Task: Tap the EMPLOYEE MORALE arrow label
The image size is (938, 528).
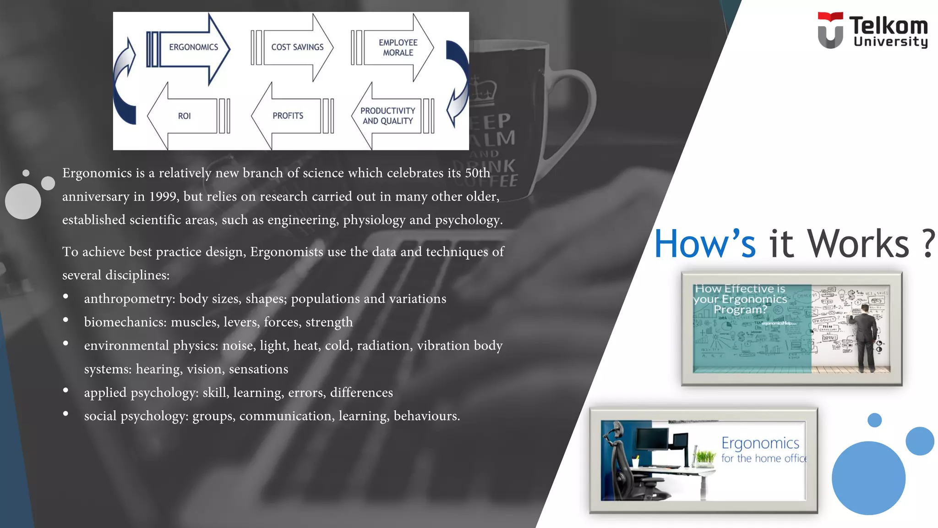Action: click(x=398, y=48)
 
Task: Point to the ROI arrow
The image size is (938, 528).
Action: click(x=184, y=116)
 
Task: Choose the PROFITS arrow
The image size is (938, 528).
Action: click(x=288, y=116)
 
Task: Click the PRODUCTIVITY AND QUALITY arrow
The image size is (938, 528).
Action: click(x=387, y=116)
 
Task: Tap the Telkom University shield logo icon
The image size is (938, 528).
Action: click(x=830, y=30)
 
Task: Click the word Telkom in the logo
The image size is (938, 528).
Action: click(x=888, y=25)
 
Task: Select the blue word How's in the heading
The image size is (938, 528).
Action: click(x=704, y=244)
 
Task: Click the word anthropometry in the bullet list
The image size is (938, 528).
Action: click(x=129, y=299)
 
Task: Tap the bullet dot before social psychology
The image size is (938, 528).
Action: click(x=66, y=414)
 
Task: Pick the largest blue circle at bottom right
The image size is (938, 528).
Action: click(x=868, y=478)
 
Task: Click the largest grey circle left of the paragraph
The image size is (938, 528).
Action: click(x=23, y=201)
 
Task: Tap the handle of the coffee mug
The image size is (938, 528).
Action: click(x=577, y=115)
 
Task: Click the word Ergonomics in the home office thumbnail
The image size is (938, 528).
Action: click(x=760, y=443)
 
